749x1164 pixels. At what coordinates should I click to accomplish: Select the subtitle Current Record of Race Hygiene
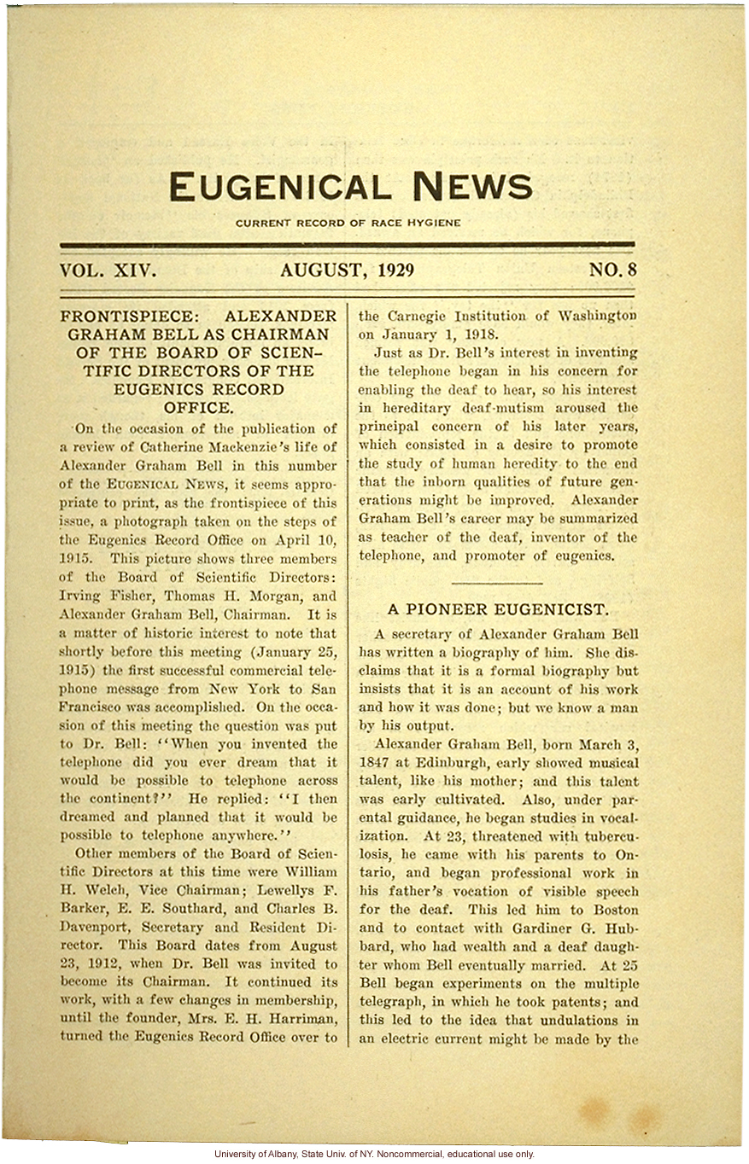(x=348, y=224)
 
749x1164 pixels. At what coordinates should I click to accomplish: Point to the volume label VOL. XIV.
(x=108, y=271)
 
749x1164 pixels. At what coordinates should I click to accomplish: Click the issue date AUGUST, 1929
(x=347, y=271)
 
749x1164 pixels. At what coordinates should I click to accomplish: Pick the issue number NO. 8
(x=612, y=271)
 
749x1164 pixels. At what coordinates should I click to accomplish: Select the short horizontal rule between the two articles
(x=497, y=582)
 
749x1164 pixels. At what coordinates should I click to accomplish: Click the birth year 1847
(x=377, y=763)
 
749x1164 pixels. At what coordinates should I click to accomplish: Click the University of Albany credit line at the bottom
(x=374, y=1154)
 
